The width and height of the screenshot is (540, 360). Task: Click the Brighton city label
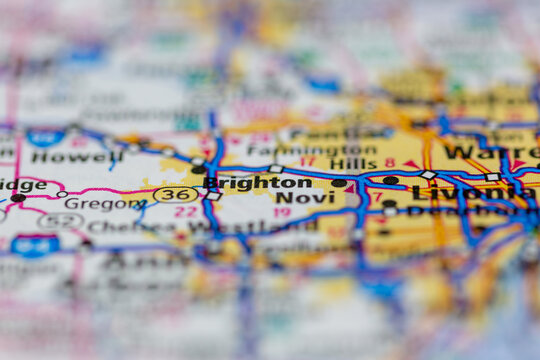point(257,183)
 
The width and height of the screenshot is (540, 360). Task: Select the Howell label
point(62,156)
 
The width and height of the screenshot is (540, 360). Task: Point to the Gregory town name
point(93,203)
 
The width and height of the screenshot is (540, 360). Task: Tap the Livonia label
point(460,192)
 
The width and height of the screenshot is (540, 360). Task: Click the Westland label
point(270,226)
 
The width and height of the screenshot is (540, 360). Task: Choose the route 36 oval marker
point(175,194)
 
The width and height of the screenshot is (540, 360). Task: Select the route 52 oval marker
point(60,220)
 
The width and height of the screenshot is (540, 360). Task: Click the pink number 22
point(186,212)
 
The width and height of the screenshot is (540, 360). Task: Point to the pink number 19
point(282,212)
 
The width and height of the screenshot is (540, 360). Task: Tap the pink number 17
point(307,162)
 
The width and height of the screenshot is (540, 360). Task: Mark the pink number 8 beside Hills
point(389,162)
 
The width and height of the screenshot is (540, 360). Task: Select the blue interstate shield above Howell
point(45,137)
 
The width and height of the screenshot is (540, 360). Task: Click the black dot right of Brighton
point(339,183)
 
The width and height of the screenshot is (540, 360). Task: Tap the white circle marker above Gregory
point(62,193)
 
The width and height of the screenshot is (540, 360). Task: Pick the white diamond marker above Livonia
point(428,175)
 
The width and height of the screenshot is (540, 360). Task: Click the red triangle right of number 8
point(409,164)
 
